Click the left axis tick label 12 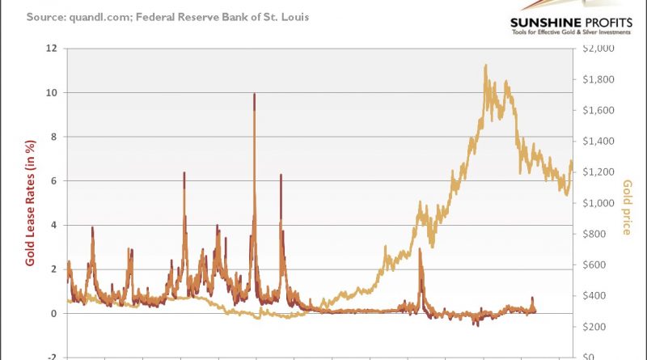tap(53, 49)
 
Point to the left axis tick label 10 tap(53, 93)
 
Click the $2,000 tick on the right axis tap(599, 49)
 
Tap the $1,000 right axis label tap(599, 203)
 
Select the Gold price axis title tap(627, 207)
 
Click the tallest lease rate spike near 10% tap(255, 95)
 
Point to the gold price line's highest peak tap(485, 66)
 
